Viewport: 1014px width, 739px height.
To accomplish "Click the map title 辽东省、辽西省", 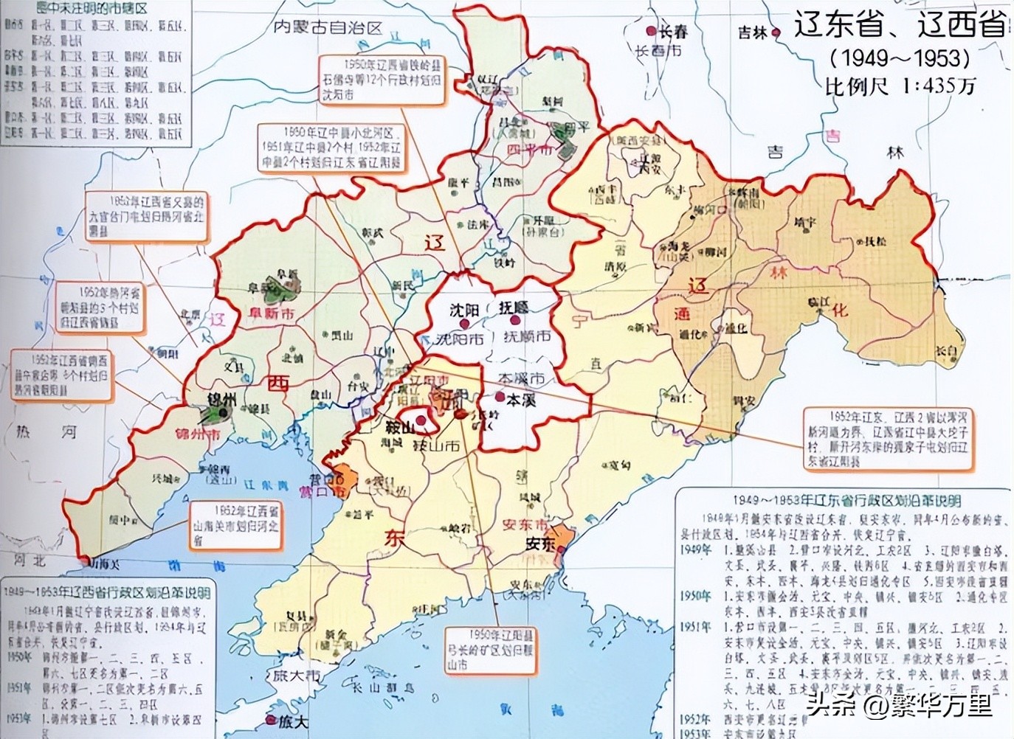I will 900,27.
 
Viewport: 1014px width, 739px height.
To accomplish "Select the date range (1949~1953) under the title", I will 900,58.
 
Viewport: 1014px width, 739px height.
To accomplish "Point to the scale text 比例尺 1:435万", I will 900,86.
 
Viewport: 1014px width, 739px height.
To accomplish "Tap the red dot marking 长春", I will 650,31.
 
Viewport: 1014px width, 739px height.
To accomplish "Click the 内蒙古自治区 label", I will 328,27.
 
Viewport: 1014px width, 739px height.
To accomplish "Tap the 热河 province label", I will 46,432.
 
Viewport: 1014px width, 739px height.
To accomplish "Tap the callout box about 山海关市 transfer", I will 235,527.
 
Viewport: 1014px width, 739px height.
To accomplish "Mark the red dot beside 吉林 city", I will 776,32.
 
